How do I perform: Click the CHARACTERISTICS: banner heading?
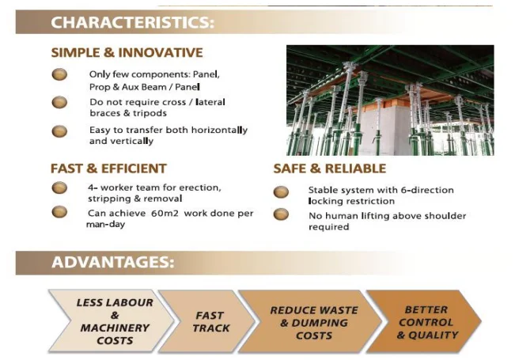[132, 22]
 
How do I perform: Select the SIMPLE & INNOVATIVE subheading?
[127, 52]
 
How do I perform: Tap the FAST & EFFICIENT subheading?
[108, 169]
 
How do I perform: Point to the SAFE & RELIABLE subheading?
[330, 169]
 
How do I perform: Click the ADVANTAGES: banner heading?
[112, 262]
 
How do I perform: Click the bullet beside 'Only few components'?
[59, 74]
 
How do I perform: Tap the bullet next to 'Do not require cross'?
[59, 103]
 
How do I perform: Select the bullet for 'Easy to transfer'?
[59, 131]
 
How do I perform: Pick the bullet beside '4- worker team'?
[59, 188]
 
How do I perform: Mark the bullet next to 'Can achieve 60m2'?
[59, 212]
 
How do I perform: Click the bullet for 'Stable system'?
[281, 192]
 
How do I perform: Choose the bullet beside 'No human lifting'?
[281, 214]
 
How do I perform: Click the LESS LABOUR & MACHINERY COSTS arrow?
[112, 321]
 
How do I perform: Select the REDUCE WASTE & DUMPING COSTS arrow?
[310, 321]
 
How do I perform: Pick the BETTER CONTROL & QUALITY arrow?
[424, 321]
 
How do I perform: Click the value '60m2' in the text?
[165, 214]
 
